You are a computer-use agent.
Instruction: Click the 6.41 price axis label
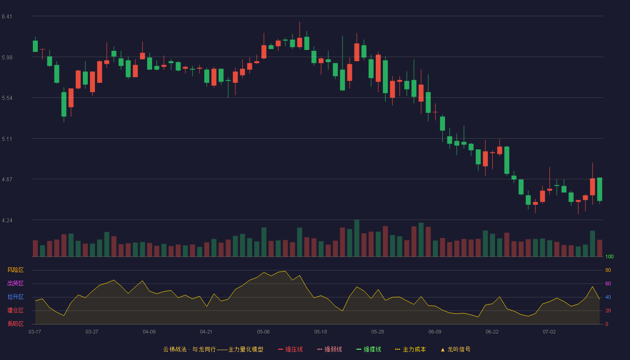pyautogui.click(x=7, y=17)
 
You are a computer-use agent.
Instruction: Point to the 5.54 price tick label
pyautogui.click(x=7, y=98)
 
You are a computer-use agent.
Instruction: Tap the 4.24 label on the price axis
pyautogui.click(x=7, y=220)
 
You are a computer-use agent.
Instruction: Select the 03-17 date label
pyautogui.click(x=35, y=332)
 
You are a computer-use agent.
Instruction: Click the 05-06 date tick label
pyautogui.click(x=263, y=332)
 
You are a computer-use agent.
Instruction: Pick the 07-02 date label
pyautogui.click(x=549, y=332)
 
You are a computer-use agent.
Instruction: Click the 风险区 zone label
pyautogui.click(x=15, y=270)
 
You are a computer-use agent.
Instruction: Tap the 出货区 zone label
pyautogui.click(x=15, y=283)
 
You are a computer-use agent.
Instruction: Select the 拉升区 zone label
pyautogui.click(x=15, y=297)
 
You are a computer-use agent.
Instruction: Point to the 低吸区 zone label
pyautogui.click(x=15, y=324)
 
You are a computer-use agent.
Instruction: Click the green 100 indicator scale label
pyautogui.click(x=609, y=256)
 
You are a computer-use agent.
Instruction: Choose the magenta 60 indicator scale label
pyautogui.click(x=608, y=283)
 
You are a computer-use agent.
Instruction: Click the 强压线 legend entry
pyautogui.click(x=291, y=350)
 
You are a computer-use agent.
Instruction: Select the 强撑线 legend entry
pyautogui.click(x=369, y=350)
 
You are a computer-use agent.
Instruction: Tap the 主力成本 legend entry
pyautogui.click(x=410, y=350)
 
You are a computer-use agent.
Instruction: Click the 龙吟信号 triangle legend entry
pyautogui.click(x=455, y=350)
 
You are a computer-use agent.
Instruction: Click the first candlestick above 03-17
pyautogui.click(x=35, y=46)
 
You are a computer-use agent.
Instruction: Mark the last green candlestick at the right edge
pyautogui.click(x=599, y=189)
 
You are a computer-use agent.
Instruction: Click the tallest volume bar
pyautogui.click(x=356, y=238)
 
